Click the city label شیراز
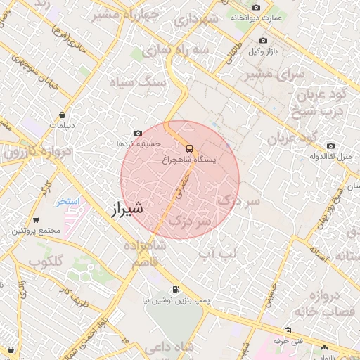[127, 208]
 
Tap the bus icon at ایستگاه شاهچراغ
[188, 148]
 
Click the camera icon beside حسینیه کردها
[137, 132]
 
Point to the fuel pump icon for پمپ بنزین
[175, 288]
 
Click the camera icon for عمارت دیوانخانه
[256, 7]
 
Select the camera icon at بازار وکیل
[264, 41]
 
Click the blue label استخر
[69, 201]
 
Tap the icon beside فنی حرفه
[288, 330]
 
